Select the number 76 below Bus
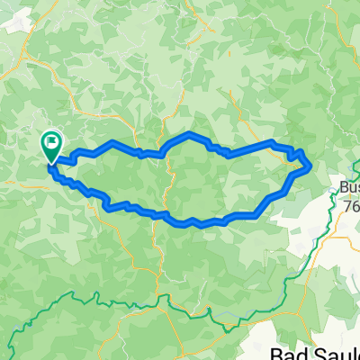[x=352, y=204]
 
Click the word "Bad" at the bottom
[x=290, y=354]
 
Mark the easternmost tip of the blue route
[x=310, y=165]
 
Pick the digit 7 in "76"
[x=348, y=204]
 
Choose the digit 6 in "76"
[x=355, y=204]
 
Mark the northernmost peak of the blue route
[x=190, y=134]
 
